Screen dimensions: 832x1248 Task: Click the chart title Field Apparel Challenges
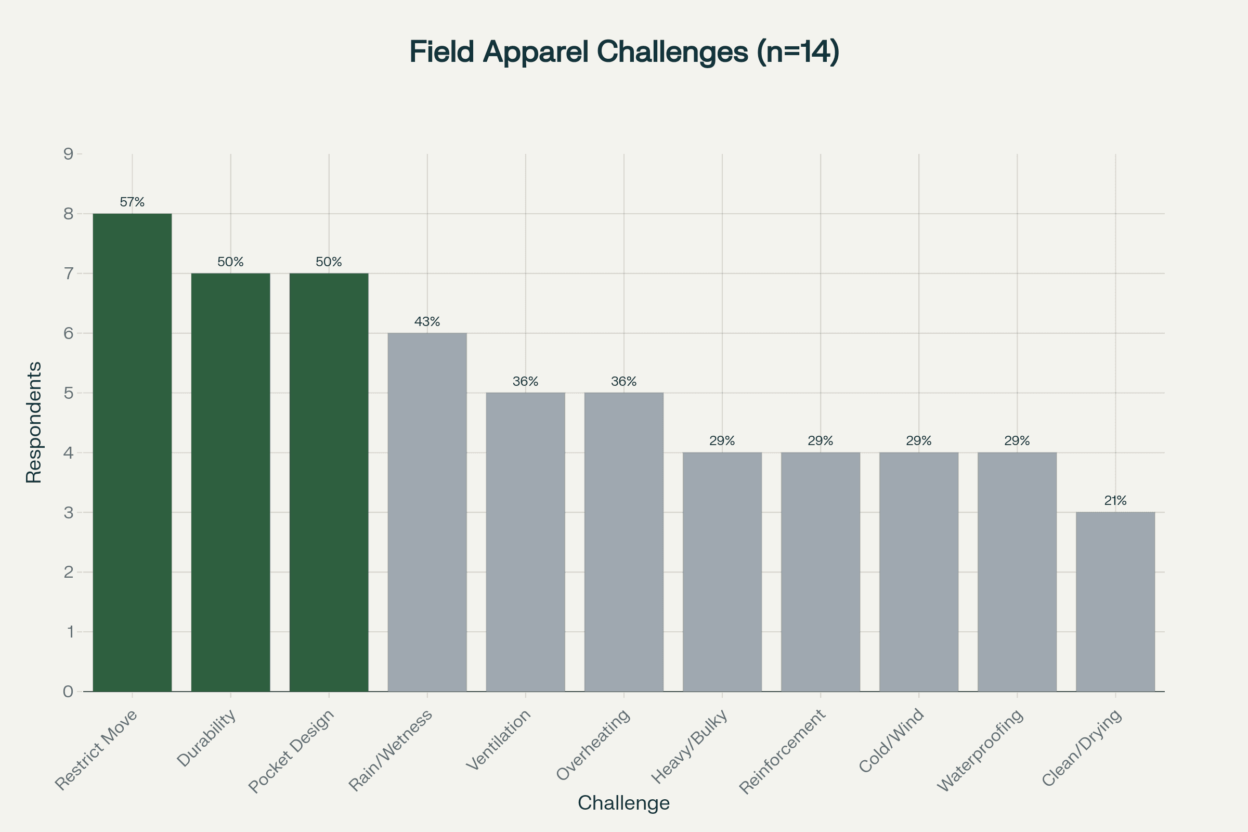coord(624,52)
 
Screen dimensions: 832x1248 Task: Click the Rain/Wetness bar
coord(427,512)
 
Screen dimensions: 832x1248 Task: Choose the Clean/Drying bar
coord(1115,602)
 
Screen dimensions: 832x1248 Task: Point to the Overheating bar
coord(624,542)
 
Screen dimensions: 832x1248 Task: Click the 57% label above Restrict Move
coord(132,202)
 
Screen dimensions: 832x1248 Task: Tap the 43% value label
coord(427,321)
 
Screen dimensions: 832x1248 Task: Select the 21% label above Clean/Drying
coord(1115,500)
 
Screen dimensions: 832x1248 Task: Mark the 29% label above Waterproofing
coord(1017,441)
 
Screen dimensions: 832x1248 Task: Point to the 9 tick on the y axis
coord(69,154)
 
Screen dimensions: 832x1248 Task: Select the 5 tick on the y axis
coord(69,393)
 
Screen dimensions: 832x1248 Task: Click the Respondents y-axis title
coord(34,422)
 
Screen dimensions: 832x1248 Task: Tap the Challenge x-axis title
coord(623,803)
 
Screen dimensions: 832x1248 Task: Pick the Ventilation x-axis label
coord(499,739)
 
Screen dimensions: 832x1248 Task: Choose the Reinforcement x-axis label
coord(783,751)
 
